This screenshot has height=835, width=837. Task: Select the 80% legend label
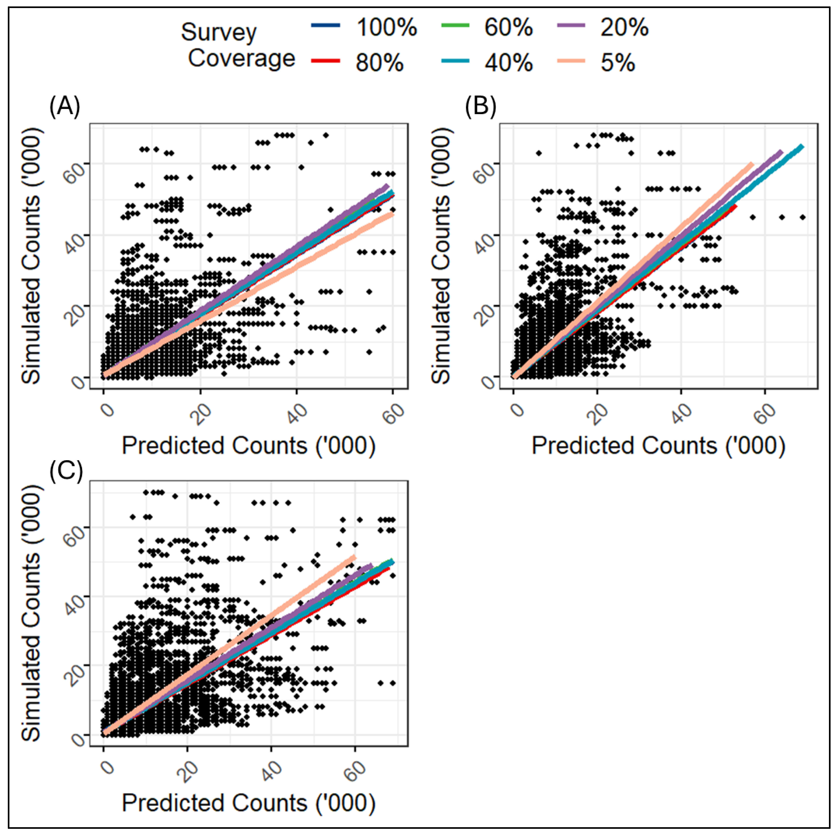(379, 63)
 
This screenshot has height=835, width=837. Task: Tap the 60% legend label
(508, 28)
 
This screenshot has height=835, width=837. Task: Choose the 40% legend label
(508, 63)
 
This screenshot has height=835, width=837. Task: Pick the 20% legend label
(624, 28)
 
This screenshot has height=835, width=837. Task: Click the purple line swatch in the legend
(571, 25)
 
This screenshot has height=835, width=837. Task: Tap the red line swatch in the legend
(325, 61)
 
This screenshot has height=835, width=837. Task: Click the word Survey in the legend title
(219, 32)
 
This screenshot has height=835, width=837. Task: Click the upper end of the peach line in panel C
(354, 557)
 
